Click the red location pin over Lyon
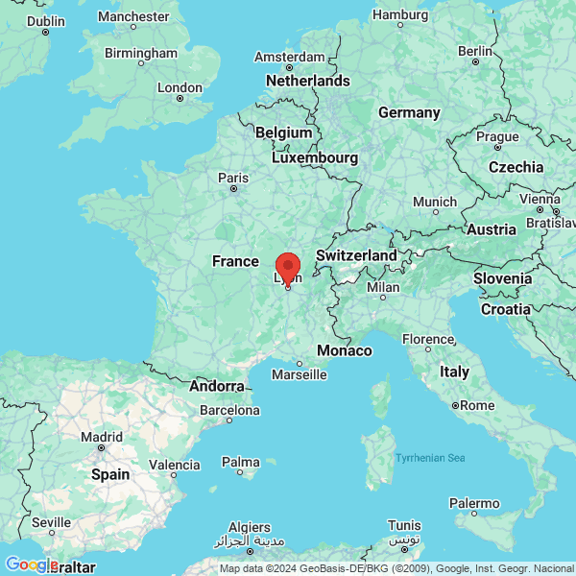pyautogui.click(x=288, y=266)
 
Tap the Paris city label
pyautogui.click(x=233, y=178)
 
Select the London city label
pyautogui.click(x=180, y=87)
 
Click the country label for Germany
pyautogui.click(x=409, y=112)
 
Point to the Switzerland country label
pyautogui.click(x=356, y=256)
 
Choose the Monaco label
pyautogui.click(x=345, y=350)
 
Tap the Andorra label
pyautogui.click(x=217, y=386)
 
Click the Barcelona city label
pyautogui.click(x=229, y=410)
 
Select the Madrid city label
pyautogui.click(x=102, y=437)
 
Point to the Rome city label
pyautogui.click(x=476, y=405)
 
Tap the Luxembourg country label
pyautogui.click(x=315, y=157)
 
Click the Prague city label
pyautogui.click(x=497, y=136)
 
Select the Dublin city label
pyautogui.click(x=46, y=20)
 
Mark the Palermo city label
pyautogui.click(x=475, y=503)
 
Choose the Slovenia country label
pyautogui.click(x=502, y=278)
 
